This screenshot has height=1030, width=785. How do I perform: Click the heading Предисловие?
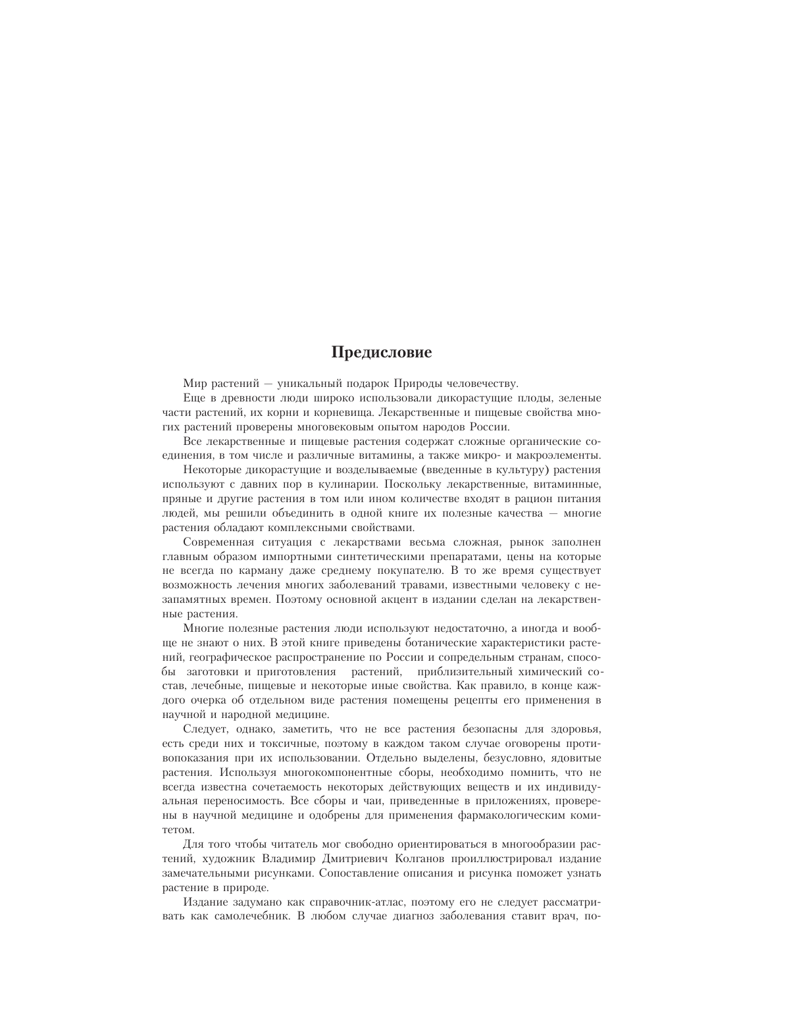[381, 353]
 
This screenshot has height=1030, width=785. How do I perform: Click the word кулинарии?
[338, 484]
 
